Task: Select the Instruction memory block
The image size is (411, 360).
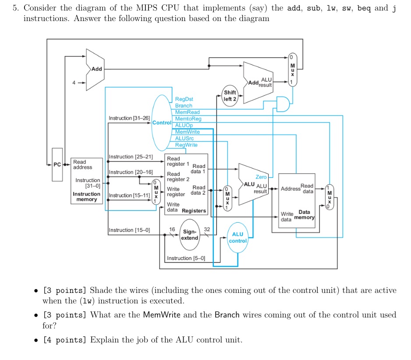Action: [x=86, y=181]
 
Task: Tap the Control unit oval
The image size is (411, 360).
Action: [x=160, y=122]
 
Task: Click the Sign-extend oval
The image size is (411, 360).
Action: [x=190, y=235]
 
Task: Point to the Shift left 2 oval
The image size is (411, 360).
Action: [x=230, y=96]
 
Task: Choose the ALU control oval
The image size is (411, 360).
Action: [x=237, y=238]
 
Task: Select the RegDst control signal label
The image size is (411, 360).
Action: [x=184, y=100]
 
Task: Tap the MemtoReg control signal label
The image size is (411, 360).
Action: [x=188, y=119]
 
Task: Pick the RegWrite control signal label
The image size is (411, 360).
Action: [x=186, y=145]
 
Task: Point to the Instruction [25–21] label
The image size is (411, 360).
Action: [x=131, y=157]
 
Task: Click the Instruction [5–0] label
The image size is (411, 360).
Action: [x=185, y=258]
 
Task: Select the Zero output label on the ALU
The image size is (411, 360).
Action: [x=261, y=177]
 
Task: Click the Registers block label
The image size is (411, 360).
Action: [x=194, y=210]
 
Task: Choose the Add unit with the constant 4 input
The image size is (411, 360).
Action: [x=95, y=69]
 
